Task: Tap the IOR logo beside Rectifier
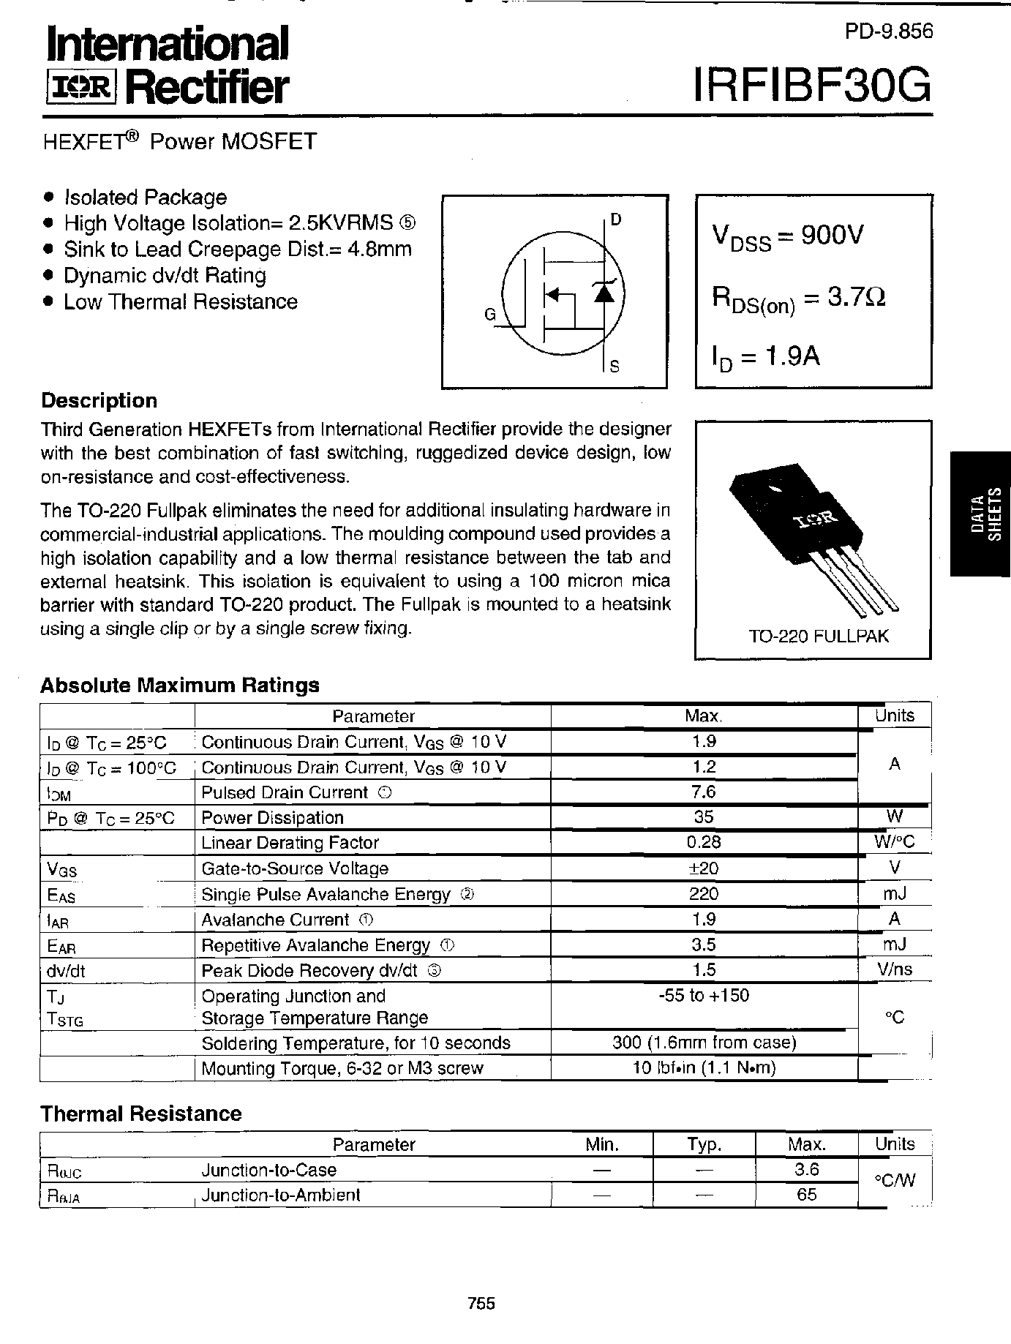click(80, 89)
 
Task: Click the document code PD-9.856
click(889, 31)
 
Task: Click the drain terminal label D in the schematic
click(615, 219)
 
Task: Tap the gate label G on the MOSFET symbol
click(490, 315)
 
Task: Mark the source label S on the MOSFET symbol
click(615, 367)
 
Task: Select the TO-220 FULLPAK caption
click(818, 636)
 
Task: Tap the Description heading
click(99, 400)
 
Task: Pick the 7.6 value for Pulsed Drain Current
click(703, 792)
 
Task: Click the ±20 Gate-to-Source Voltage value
click(703, 868)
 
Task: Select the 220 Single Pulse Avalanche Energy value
click(703, 893)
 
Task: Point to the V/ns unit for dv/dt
click(894, 970)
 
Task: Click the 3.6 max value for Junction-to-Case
click(806, 1170)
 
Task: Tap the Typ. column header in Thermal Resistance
click(703, 1144)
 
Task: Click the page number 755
click(481, 1303)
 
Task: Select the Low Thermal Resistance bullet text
click(180, 301)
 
